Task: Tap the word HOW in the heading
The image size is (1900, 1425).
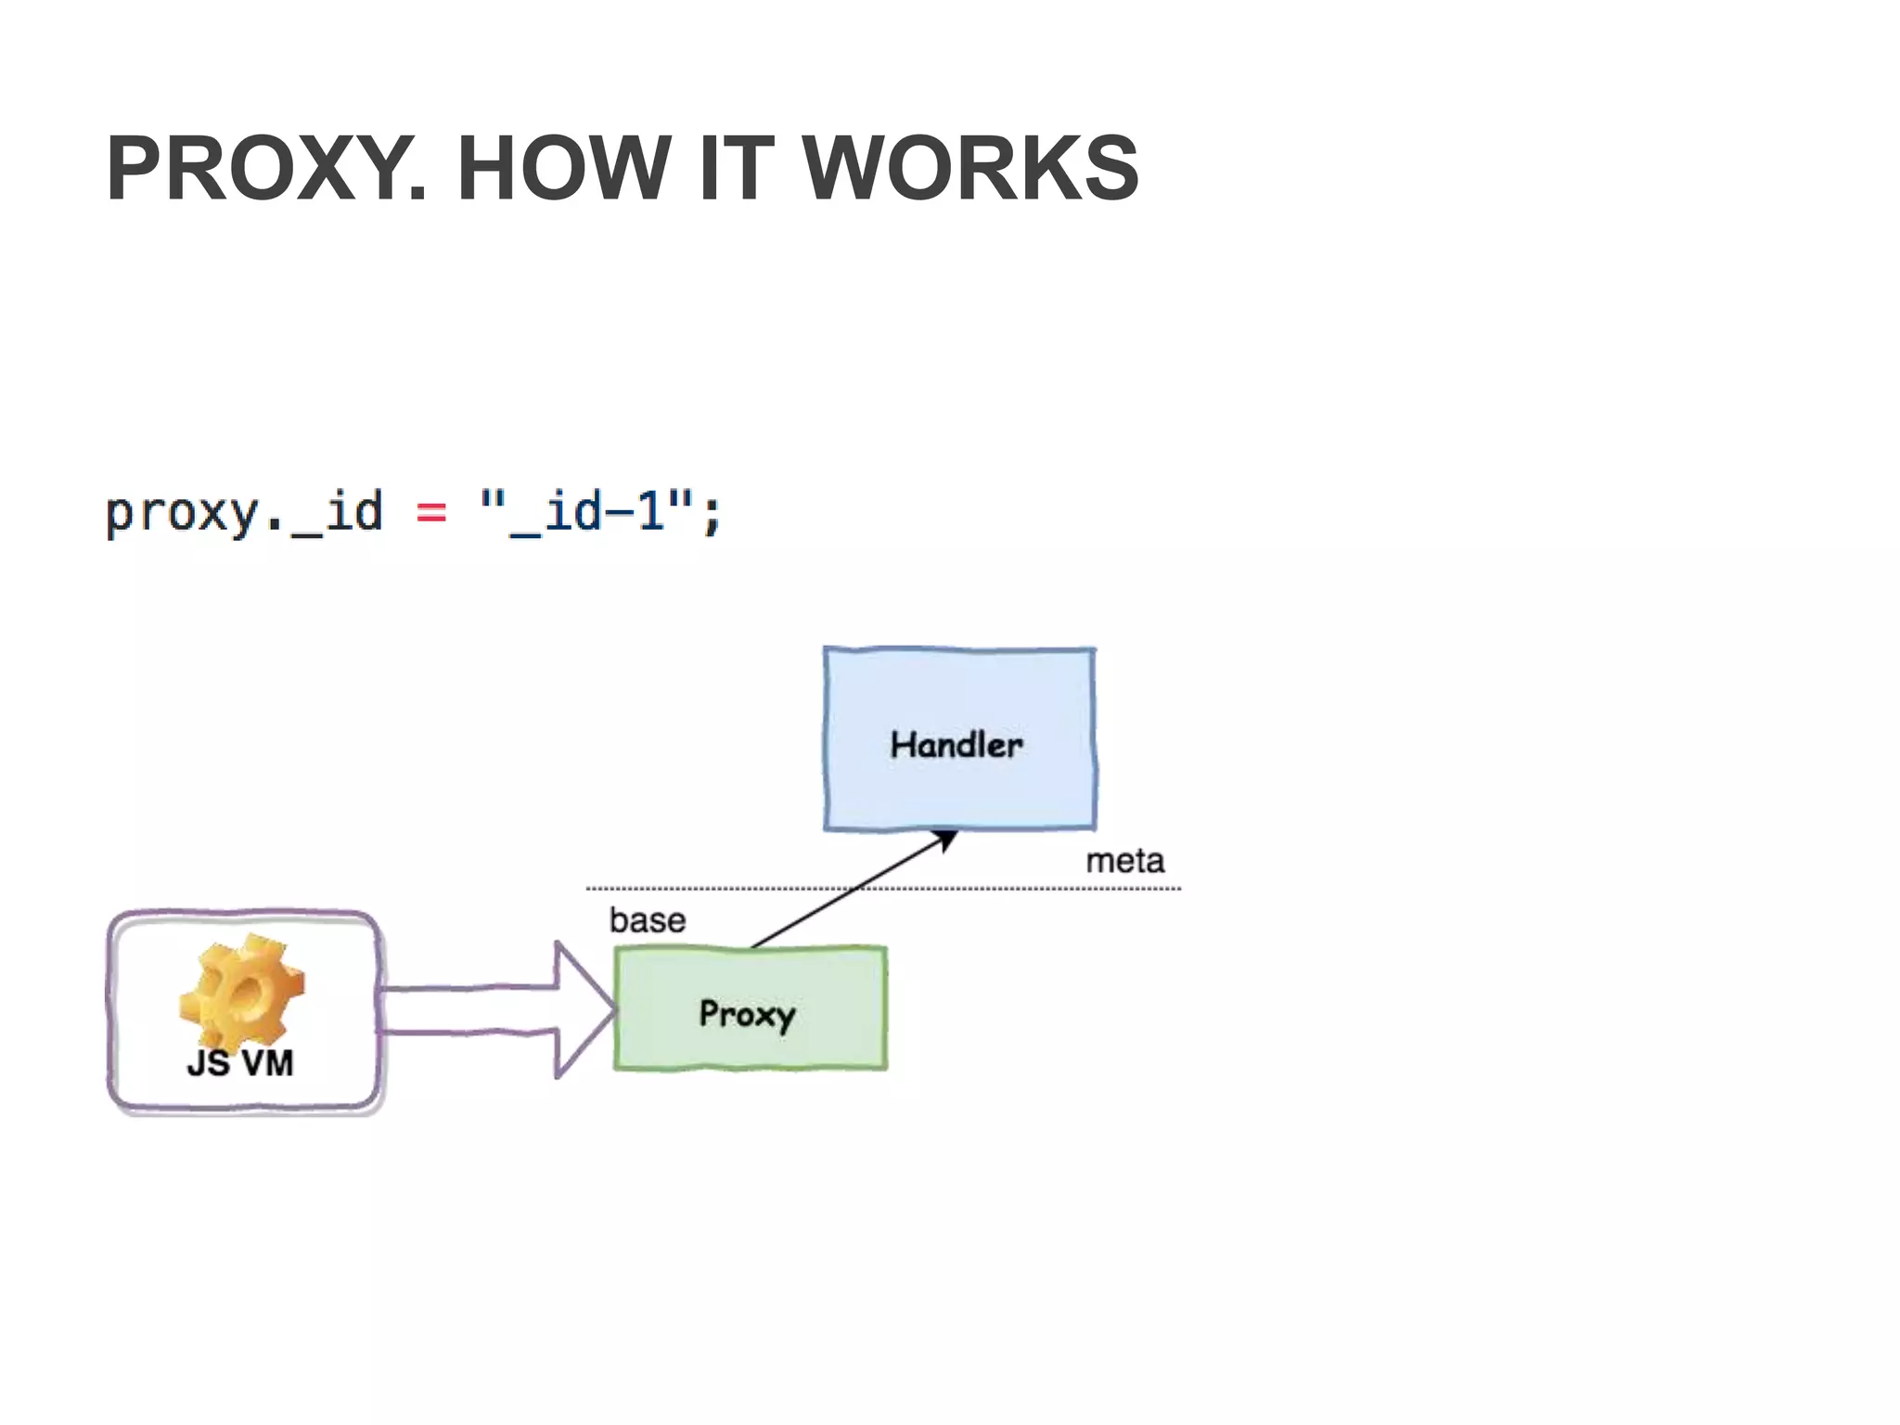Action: pyautogui.click(x=563, y=169)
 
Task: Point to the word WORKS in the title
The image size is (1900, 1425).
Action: pyautogui.click(x=969, y=169)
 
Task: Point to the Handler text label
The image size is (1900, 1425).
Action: pyautogui.click(x=956, y=745)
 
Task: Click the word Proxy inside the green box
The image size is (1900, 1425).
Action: pyautogui.click(x=748, y=1014)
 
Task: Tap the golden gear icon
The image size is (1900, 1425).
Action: pyautogui.click(x=241, y=991)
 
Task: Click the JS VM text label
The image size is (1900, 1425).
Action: pyautogui.click(x=240, y=1063)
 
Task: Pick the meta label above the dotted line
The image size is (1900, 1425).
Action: pyautogui.click(x=1124, y=861)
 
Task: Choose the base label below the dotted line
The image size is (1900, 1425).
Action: pyautogui.click(x=648, y=920)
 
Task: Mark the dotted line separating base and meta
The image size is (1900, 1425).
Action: pyautogui.click(x=1021, y=889)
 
